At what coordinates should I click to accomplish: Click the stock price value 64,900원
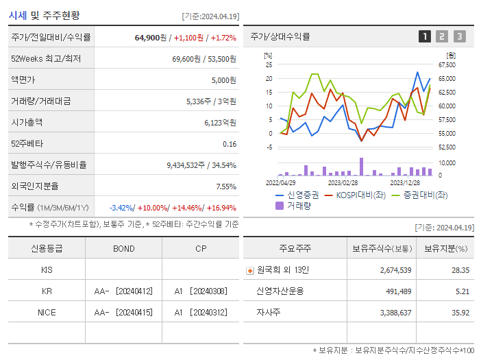point(150,37)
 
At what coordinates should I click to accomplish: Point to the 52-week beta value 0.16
point(230,144)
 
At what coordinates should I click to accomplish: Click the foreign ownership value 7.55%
point(225,187)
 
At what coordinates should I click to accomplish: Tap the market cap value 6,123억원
point(220,123)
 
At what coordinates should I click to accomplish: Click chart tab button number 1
point(425,36)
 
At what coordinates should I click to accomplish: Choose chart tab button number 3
point(459,36)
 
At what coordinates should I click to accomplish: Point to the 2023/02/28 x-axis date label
point(343,182)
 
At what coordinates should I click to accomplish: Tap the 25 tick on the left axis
point(269,65)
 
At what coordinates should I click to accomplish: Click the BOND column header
point(123,249)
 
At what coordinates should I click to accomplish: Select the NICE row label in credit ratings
point(47,312)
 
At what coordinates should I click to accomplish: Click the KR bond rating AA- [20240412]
point(123,291)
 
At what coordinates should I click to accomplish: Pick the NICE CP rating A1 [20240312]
point(200,312)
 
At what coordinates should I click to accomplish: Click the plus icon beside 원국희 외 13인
point(249,271)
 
